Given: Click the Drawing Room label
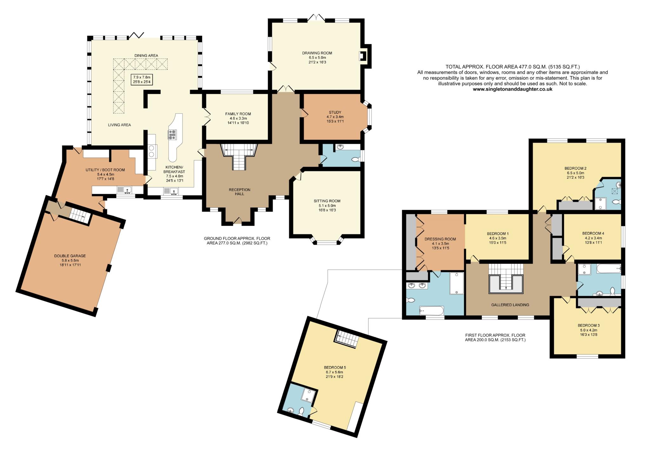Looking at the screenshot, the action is coord(317,53).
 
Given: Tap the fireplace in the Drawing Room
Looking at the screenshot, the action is coord(362,56).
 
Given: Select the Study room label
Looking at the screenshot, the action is coord(335,112).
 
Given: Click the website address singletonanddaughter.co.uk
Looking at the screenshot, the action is coord(513,89).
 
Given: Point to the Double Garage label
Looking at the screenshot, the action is coord(70,256).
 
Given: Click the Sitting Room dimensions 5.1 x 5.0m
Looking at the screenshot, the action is coord(327,205).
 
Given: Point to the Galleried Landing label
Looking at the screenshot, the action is coord(510,305).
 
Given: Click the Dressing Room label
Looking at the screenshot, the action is coord(440,239).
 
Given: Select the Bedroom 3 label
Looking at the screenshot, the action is coord(588,326).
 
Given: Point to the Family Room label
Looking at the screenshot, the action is coord(238,114).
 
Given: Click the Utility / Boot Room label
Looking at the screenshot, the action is coord(105,170).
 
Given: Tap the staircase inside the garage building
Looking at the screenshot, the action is coord(79,216).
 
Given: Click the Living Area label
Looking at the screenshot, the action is coord(119,125).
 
